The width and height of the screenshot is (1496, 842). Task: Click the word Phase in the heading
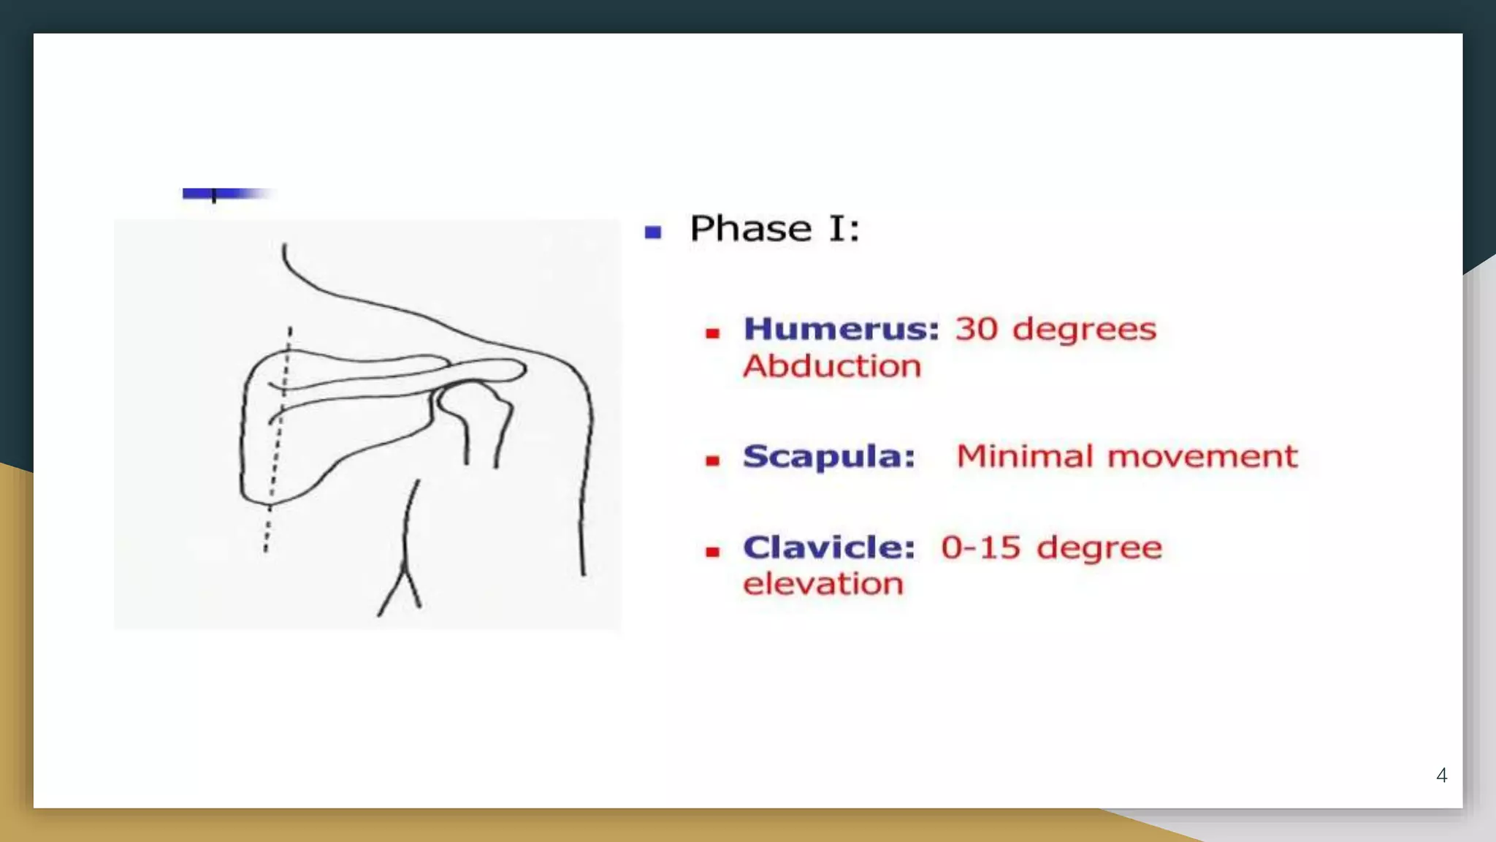pos(749,229)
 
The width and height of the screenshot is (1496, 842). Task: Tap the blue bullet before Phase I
pos(653,232)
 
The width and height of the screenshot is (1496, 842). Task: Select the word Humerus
pos(841,330)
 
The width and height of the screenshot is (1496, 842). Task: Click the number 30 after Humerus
pos(977,330)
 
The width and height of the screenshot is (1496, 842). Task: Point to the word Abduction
pos(832,366)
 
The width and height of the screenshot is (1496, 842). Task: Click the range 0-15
pos(980,547)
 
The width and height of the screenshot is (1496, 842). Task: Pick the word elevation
pos(823,584)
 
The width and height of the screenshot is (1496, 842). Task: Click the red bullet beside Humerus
pos(713,334)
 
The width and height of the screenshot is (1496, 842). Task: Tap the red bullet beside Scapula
pos(713,460)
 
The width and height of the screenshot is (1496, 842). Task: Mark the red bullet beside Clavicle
pos(713,552)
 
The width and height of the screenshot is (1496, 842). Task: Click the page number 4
pos(1441,775)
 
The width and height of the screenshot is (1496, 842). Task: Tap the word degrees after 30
pos(1084,330)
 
